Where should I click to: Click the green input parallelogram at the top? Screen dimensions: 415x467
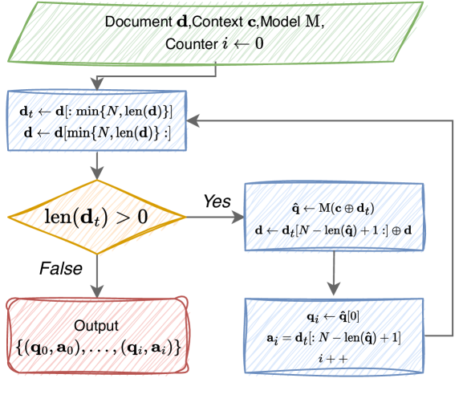(x=233, y=32)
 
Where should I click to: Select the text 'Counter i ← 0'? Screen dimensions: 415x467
(x=215, y=43)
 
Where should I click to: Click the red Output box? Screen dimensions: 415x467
(x=96, y=336)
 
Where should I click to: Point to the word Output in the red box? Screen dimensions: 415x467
(x=97, y=326)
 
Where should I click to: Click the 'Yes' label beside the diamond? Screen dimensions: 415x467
(x=215, y=199)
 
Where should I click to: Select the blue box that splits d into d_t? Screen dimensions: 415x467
(x=96, y=120)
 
